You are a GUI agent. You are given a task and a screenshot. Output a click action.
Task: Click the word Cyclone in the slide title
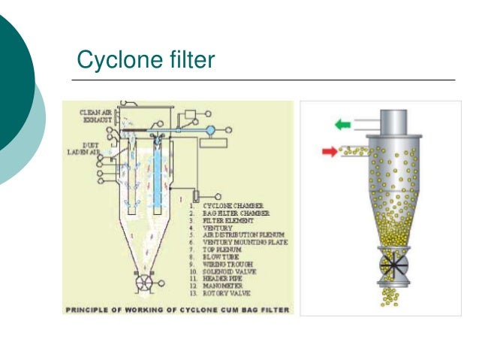pyautogui.click(x=113, y=59)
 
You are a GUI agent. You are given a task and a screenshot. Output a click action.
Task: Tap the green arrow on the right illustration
pyautogui.click(x=342, y=124)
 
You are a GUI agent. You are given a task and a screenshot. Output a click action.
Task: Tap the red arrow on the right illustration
pyautogui.click(x=329, y=152)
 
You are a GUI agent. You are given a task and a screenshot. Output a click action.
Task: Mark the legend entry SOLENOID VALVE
pyautogui.click(x=230, y=271)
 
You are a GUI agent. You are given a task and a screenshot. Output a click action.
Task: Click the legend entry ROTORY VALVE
pyautogui.click(x=228, y=295)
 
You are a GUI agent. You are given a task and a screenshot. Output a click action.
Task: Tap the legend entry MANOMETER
pyautogui.click(x=225, y=286)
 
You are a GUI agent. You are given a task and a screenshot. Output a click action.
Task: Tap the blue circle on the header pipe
pyautogui.click(x=211, y=129)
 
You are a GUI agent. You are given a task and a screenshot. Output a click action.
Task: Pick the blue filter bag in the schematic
pyautogui.click(x=157, y=177)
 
